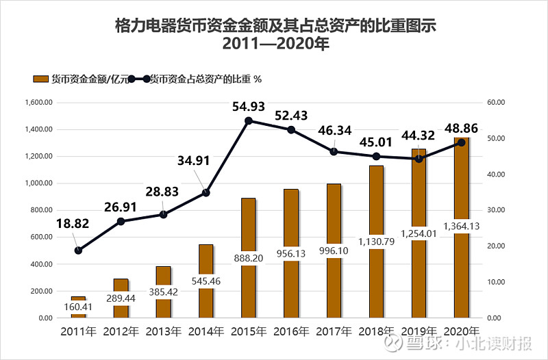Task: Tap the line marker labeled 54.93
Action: [x=249, y=120]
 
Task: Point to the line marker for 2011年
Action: [x=79, y=250]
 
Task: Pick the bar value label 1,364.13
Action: [x=461, y=226]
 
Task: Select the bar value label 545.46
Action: [x=206, y=280]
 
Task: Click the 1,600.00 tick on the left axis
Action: [x=38, y=103]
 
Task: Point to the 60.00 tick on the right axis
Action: [x=496, y=103]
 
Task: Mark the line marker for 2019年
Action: [x=419, y=159]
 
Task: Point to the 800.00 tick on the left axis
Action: [x=40, y=210]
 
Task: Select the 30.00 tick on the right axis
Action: [x=496, y=210]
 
